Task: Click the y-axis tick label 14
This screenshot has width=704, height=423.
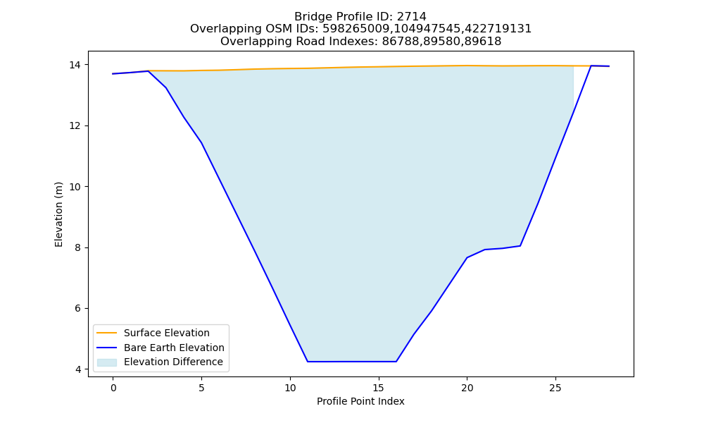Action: coord(75,65)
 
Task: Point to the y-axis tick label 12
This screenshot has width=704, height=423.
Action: coord(75,126)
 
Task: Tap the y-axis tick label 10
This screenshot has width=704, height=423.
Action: coord(75,187)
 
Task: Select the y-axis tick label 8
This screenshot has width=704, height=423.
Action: coord(78,247)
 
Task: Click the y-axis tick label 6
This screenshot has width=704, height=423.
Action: coord(78,308)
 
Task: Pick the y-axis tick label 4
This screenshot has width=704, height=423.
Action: coord(78,369)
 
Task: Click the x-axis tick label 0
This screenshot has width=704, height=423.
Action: coord(113,388)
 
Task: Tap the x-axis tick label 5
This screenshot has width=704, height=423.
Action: coord(201,388)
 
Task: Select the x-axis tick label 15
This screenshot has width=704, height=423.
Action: coord(379,388)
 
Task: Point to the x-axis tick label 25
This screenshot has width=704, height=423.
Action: coord(555,388)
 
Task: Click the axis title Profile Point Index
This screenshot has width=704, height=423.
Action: coord(360,401)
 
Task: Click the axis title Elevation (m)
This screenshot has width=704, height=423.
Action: coord(58,214)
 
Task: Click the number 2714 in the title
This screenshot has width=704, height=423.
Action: coord(412,17)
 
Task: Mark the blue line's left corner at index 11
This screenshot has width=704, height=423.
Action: coord(308,362)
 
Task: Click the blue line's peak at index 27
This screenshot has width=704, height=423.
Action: coord(591,66)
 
